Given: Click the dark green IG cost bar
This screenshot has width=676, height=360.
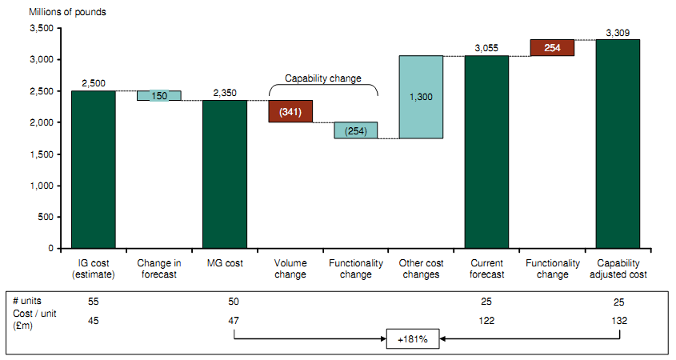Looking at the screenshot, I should pos(93,169).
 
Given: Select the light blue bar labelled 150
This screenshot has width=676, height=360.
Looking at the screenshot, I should pos(158,96).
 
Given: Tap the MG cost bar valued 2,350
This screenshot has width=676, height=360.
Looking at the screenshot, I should pos(224,174).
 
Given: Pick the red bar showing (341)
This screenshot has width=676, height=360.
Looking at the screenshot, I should pos(290,111).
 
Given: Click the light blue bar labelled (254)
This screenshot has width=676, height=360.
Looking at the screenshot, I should pos(355,130).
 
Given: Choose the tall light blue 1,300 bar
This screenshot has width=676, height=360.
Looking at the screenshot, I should pos(421,97).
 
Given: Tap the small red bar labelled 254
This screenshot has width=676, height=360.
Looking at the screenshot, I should pos(552,48).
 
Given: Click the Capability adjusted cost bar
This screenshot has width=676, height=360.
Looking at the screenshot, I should pos(618,143).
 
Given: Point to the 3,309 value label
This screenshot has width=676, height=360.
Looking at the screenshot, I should pos(618,33).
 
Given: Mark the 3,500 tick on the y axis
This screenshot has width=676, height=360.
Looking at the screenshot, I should pos(40,29).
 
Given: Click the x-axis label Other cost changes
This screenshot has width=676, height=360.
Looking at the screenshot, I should pos(421,270).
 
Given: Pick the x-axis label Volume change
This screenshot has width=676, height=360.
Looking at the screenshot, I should pos(290,270).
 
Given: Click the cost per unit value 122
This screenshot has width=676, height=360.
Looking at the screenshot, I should pos(486,320).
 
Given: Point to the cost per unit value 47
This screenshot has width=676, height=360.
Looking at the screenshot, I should pos(234,320).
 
